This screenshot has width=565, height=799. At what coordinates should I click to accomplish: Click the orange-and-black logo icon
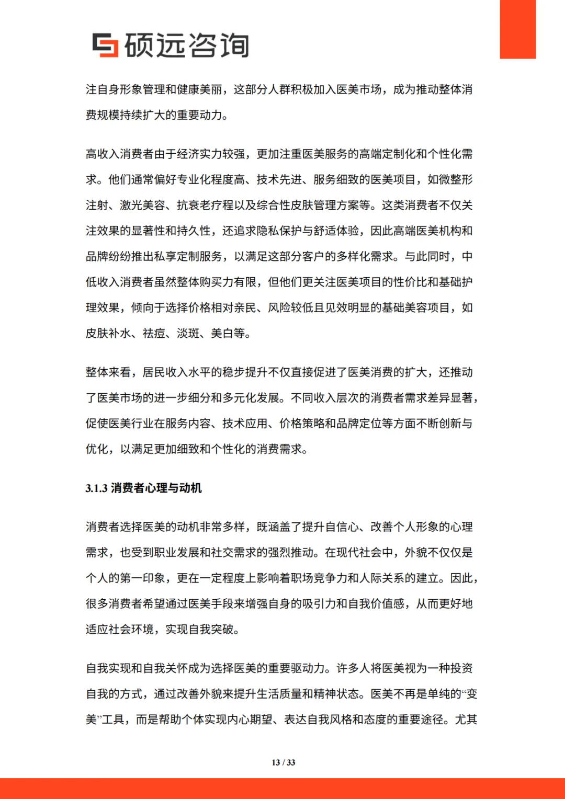click(x=105, y=45)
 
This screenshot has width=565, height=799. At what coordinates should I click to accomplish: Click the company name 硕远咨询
click(x=186, y=45)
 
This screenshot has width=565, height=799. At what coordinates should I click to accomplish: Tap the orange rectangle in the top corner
click(x=517, y=29)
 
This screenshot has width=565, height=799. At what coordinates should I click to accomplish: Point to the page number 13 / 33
click(x=283, y=762)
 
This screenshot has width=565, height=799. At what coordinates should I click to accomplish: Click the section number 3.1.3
click(x=96, y=488)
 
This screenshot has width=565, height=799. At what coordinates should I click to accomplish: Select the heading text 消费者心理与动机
click(x=156, y=488)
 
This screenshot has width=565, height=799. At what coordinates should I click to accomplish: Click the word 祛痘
click(x=154, y=334)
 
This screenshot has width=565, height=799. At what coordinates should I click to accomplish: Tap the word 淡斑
click(x=188, y=334)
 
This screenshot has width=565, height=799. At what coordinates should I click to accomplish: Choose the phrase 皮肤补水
click(x=108, y=334)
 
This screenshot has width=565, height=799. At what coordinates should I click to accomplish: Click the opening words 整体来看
click(x=108, y=372)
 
